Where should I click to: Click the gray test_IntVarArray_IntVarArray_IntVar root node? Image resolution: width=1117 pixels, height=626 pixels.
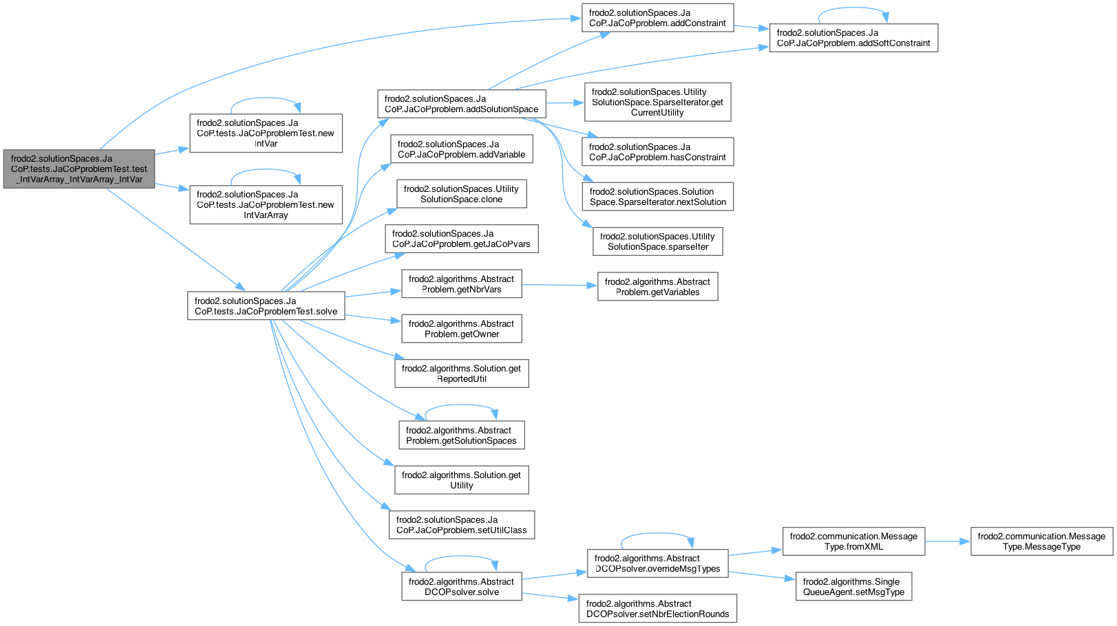[x=78, y=169]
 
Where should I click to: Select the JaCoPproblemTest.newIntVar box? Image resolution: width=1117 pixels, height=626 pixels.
[x=266, y=133]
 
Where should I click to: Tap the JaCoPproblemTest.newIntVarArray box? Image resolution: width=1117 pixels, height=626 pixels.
[x=266, y=205]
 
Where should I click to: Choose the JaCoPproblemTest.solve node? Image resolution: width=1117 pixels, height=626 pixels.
[x=266, y=306]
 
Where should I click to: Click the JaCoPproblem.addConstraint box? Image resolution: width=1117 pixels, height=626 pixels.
[x=657, y=18]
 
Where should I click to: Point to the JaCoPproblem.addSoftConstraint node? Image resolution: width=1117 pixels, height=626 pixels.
[x=853, y=38]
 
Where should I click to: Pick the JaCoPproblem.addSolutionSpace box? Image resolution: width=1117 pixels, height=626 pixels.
[x=461, y=104]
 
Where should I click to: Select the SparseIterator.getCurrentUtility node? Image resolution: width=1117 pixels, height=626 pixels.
[x=657, y=102]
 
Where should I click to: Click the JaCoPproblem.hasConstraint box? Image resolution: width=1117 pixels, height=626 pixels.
[x=657, y=152]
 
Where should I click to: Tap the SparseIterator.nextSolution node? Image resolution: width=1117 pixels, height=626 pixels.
[x=657, y=197]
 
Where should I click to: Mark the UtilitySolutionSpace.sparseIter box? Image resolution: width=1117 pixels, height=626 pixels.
[x=657, y=241]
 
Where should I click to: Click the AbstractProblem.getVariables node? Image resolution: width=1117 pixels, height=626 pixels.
[x=657, y=287]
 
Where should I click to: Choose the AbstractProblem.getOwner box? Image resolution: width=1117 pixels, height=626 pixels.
[x=461, y=329]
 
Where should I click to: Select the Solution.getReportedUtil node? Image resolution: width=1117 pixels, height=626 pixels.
[x=461, y=374]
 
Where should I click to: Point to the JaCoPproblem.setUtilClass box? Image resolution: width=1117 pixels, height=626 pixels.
[x=461, y=525]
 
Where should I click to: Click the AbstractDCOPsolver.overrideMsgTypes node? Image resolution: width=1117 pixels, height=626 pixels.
[x=657, y=563]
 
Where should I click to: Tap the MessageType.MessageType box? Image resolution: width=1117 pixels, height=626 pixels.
[x=1041, y=541]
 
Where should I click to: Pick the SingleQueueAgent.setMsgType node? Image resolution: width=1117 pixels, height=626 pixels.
[x=853, y=587]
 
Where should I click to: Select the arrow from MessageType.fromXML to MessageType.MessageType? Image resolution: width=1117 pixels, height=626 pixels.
[x=947, y=541]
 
